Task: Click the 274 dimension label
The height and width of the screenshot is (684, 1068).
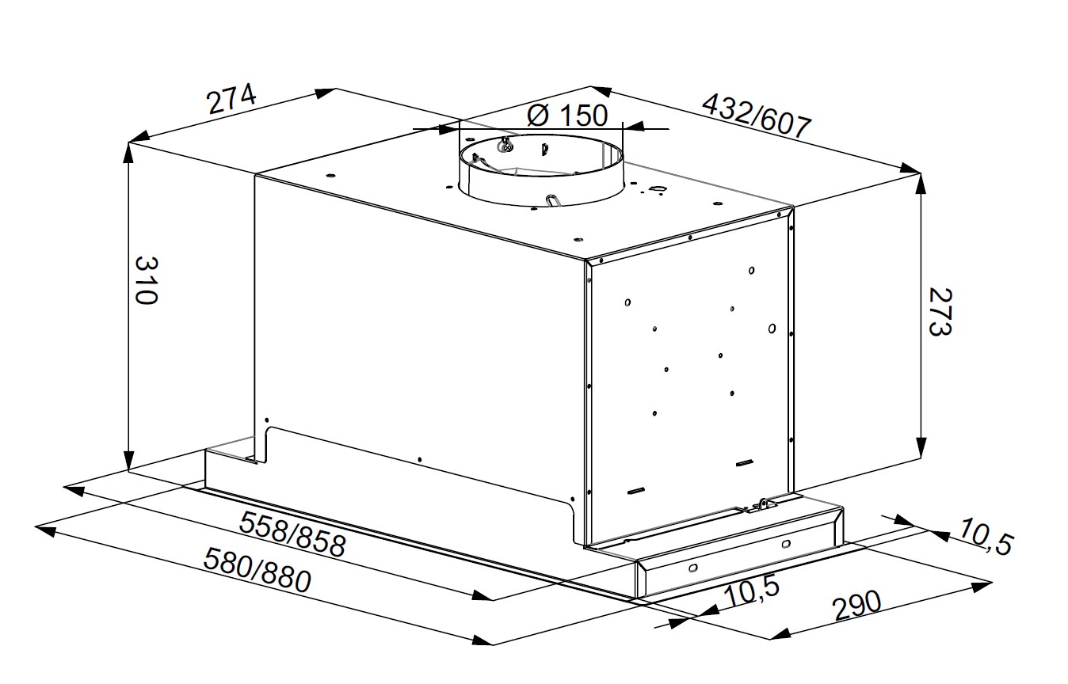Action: pyautogui.click(x=231, y=100)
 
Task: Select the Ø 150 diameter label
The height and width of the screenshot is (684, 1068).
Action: pyautogui.click(x=567, y=116)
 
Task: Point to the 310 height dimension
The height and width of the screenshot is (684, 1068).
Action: pyautogui.click(x=146, y=280)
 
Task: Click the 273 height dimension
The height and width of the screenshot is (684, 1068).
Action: pyautogui.click(x=940, y=312)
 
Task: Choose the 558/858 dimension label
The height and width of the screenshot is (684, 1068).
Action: pyautogui.click(x=292, y=534)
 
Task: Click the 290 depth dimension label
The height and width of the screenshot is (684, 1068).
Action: pyautogui.click(x=856, y=606)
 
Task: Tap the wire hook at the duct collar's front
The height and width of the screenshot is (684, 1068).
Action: pyautogui.click(x=553, y=202)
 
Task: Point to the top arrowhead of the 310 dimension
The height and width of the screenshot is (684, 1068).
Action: pyautogui.click(x=128, y=153)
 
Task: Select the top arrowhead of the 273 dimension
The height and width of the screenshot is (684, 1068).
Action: pyautogui.click(x=921, y=184)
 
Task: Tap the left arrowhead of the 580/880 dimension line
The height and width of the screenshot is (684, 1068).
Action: pyautogui.click(x=46, y=530)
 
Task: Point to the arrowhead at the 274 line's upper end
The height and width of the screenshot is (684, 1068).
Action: pyautogui.click(x=326, y=93)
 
